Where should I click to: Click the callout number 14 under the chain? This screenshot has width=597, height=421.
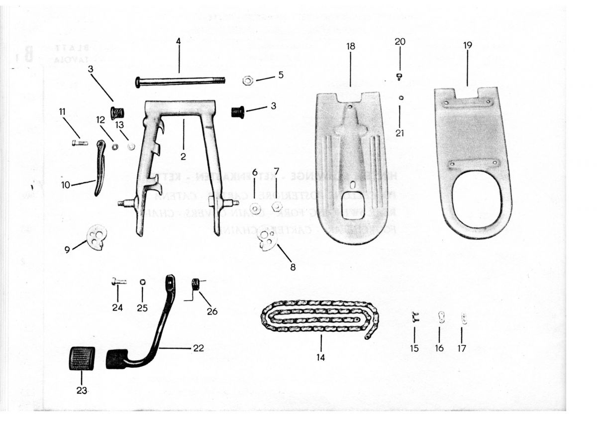pos(321,357)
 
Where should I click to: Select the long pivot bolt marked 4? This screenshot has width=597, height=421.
pos(179,81)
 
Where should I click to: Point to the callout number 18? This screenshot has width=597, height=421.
pos(351,46)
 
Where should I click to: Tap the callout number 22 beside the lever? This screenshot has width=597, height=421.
pos(198,348)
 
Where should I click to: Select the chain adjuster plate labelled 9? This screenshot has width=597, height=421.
pos(97,236)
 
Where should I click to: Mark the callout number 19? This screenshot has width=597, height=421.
pos(467,45)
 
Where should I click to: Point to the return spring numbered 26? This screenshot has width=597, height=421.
pos(196,285)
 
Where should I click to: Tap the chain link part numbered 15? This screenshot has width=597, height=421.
pos(414,317)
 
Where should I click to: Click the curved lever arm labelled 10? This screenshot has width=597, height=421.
pos(99,167)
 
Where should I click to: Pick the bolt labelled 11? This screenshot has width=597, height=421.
pos(80,143)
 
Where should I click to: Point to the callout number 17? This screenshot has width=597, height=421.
pos(462,348)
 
